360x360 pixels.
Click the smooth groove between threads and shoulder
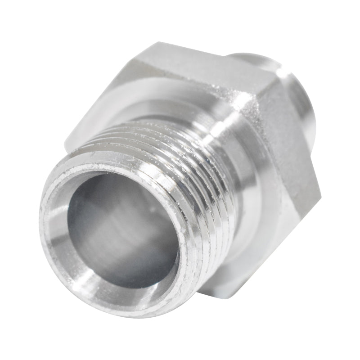(234, 180)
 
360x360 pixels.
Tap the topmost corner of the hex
(155, 44)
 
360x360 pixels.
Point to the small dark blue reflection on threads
(208, 161)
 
